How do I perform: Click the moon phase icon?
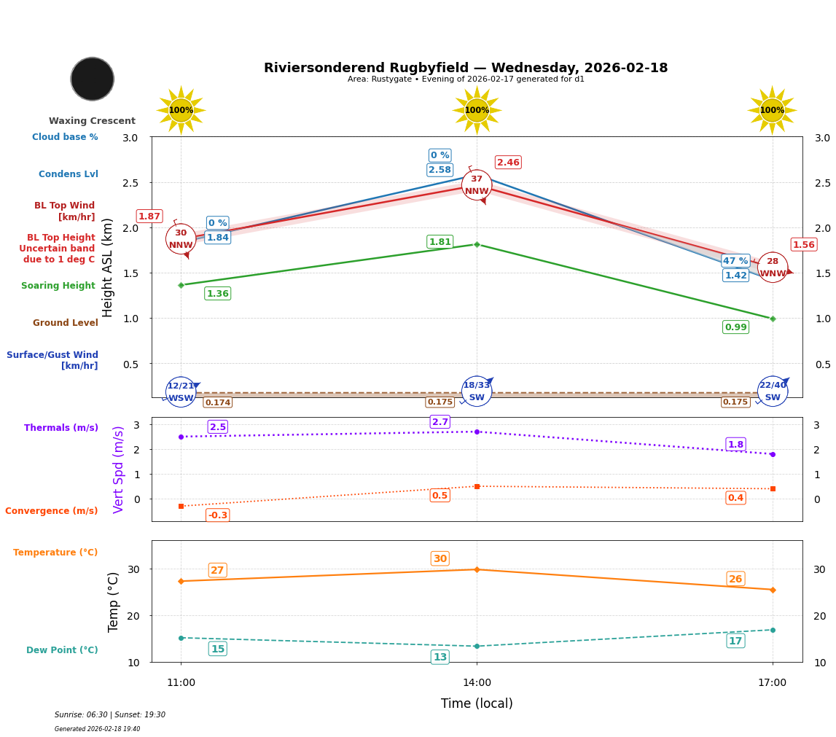tap(93, 79)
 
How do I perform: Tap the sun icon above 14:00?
tap(477, 110)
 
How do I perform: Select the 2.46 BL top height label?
tap(508, 163)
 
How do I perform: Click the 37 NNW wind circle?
tap(477, 185)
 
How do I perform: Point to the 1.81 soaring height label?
tap(440, 242)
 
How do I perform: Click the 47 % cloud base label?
tap(735, 261)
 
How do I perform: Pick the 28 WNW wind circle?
tap(773, 268)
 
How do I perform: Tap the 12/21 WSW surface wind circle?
tap(181, 391)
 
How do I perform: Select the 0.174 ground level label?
tap(217, 402)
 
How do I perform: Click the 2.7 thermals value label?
tap(440, 422)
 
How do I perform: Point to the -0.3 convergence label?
tap(217, 515)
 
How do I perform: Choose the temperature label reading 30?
tap(440, 558)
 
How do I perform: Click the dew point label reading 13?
tap(440, 657)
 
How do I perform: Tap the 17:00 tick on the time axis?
tap(773, 683)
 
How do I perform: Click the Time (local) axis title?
tap(477, 703)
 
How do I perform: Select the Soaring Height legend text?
tap(58, 286)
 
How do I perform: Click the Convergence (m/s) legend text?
tap(52, 511)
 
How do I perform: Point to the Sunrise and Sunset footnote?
tap(110, 715)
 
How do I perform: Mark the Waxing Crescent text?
tap(92, 121)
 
